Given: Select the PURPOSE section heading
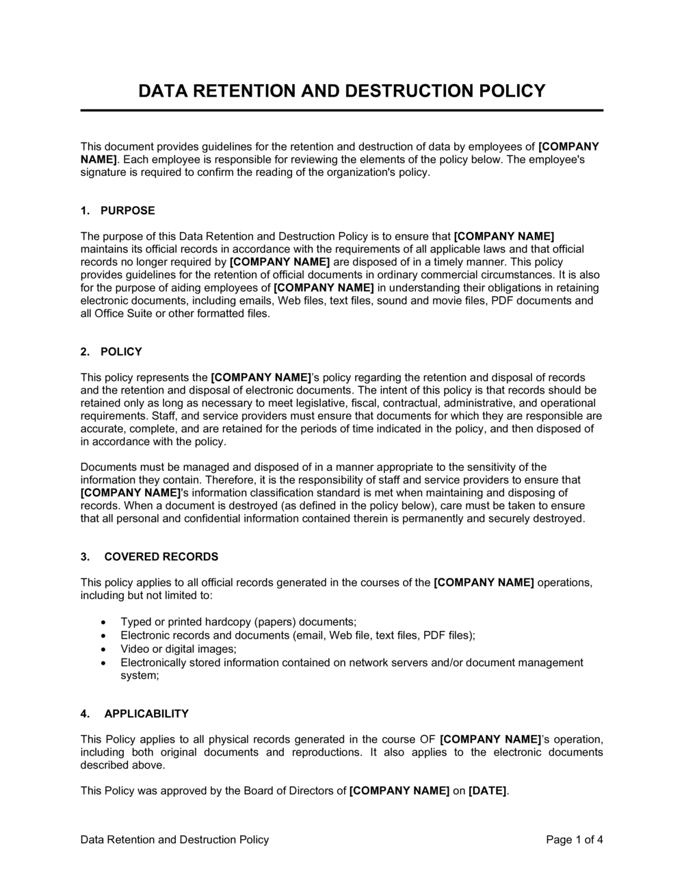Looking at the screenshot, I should (127, 211).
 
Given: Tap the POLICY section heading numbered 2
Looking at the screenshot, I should (121, 352).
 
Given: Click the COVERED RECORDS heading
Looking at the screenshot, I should (161, 557).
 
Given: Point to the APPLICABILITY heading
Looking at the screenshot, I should (146, 714).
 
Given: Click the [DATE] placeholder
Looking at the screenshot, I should (488, 791).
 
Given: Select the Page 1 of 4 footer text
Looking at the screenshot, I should (575, 840).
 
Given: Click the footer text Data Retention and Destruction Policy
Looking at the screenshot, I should (174, 840).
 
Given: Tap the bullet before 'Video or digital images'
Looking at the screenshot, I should (103, 649).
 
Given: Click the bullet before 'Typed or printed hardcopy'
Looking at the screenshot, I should (103, 622).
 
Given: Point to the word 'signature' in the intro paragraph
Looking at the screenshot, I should (103, 172).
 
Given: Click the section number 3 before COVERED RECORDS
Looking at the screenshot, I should (85, 557).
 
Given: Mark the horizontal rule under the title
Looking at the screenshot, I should (342, 110).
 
